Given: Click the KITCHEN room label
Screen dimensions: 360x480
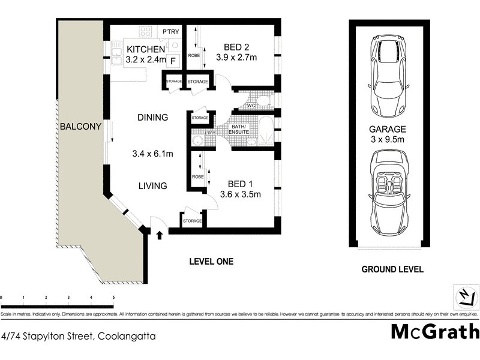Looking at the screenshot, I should [x=146, y=49].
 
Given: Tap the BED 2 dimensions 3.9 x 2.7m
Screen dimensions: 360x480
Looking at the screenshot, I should [x=236, y=58].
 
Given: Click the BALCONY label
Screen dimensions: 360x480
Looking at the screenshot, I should [x=75, y=127].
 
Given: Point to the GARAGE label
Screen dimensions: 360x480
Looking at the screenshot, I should [x=388, y=129].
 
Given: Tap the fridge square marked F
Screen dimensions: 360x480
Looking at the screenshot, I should [x=173, y=60].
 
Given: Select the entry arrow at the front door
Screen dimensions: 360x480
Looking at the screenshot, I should [x=159, y=234].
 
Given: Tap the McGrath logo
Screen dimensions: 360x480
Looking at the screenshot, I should [x=435, y=332].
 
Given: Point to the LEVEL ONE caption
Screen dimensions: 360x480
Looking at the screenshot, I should [x=211, y=262].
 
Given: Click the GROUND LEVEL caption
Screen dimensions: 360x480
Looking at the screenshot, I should [x=392, y=269].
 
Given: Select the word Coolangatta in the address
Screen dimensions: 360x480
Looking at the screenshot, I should [x=125, y=337].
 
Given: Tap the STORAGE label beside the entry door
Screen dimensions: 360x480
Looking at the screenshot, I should [x=192, y=221].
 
